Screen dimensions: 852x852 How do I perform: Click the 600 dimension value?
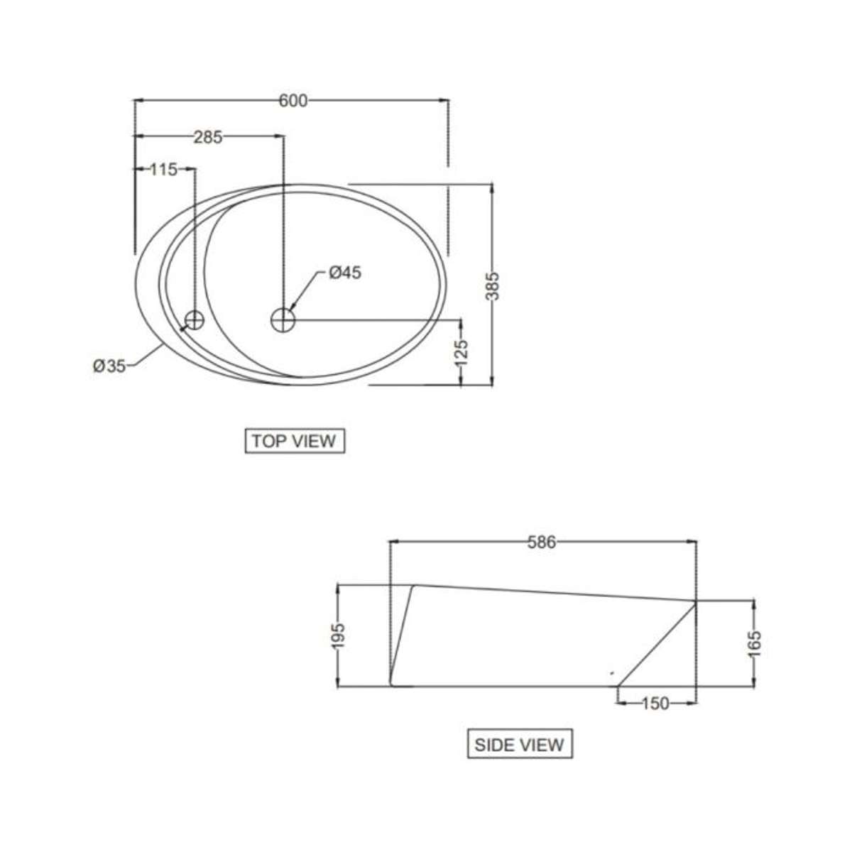tap(293, 101)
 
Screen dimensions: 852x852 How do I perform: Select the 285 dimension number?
tap(208, 137)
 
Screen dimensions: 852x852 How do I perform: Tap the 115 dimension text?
tap(163, 170)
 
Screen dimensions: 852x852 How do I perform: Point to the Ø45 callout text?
tap(345, 273)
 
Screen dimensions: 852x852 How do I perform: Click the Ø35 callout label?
tap(109, 366)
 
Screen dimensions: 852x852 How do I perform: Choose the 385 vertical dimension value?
tap(493, 285)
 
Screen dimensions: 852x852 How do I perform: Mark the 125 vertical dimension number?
tap(461, 353)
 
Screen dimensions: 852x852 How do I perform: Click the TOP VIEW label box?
tap(294, 441)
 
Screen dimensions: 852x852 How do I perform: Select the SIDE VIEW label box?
tap(520, 745)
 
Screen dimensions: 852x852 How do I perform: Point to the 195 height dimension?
tap(339, 635)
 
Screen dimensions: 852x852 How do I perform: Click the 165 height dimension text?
tap(754, 644)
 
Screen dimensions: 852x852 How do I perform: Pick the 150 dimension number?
tap(655, 704)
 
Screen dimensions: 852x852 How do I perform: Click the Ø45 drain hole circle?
tap(283, 319)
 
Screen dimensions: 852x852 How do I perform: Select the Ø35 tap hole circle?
tap(195, 319)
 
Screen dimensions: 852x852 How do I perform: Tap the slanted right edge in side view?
tap(657, 643)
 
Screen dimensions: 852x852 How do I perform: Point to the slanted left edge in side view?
tap(403, 632)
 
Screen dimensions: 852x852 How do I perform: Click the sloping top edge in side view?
tap(554, 593)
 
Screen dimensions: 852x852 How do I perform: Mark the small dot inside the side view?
tap(613, 672)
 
